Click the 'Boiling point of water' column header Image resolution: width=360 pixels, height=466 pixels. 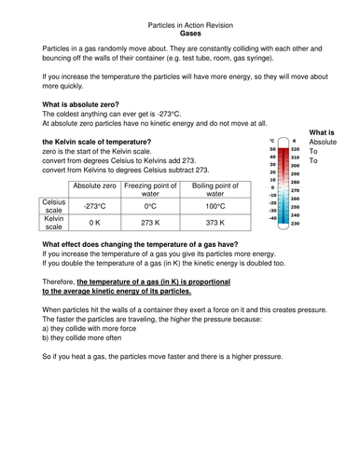216,191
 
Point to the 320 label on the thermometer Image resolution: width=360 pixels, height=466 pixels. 295,149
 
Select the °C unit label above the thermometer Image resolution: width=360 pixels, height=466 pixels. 272,140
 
